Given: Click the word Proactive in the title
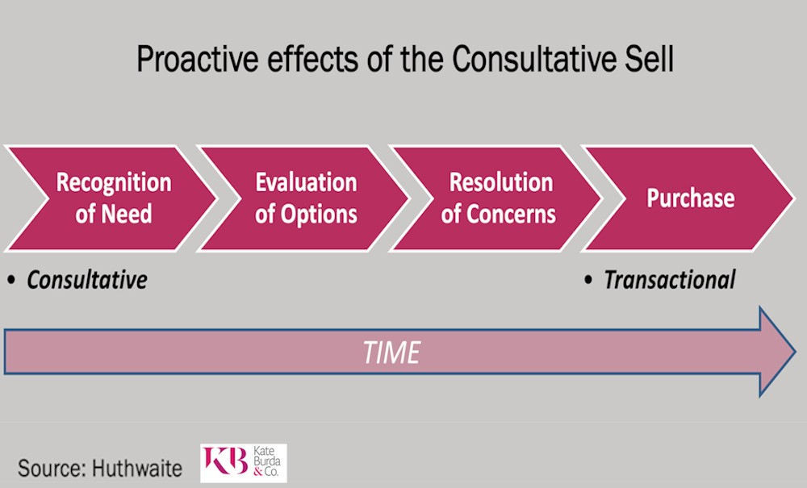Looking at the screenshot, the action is coord(198,60).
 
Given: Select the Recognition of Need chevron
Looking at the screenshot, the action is coord(110,198).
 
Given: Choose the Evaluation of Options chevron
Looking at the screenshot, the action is coord(303,198).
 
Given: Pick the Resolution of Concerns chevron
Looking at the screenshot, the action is coord(496,198).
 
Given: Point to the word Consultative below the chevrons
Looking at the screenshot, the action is coord(87,280).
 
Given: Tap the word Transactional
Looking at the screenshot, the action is coord(670,280).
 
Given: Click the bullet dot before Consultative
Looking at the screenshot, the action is coord(11,281).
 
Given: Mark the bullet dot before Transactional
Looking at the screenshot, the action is coord(588,281).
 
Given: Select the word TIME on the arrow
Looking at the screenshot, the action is coord(391,352).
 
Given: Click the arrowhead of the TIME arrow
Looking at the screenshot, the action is coord(778,352).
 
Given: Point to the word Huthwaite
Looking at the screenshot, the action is coord(137,469).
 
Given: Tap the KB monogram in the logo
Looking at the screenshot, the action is coord(225,461).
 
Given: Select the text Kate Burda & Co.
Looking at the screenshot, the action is coord(266,461).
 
